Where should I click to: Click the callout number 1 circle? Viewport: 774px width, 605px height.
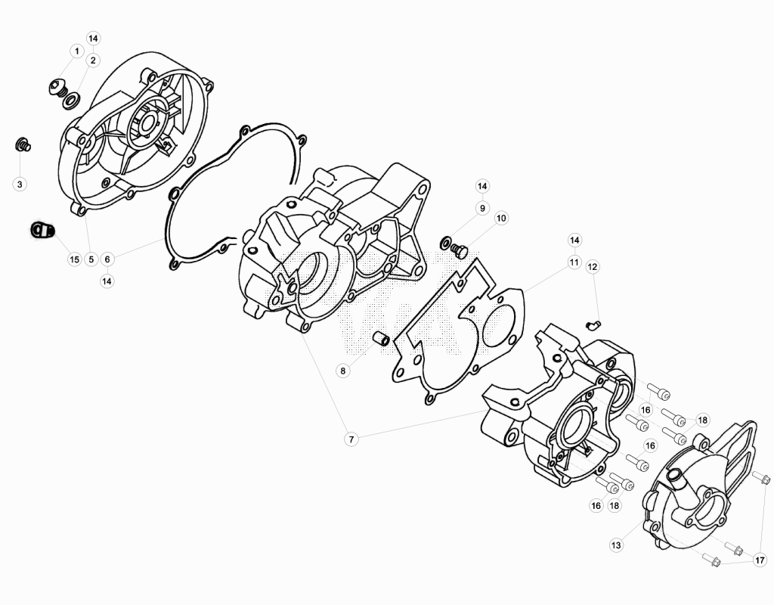pos(76,51)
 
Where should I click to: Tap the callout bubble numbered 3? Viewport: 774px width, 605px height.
pos(20,185)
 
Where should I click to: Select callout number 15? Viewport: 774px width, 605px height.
pos(74,259)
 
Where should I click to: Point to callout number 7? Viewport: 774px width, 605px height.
pos(351,439)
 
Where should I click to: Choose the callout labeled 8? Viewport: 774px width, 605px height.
pos(343,371)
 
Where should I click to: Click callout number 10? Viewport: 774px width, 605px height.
pos(501,218)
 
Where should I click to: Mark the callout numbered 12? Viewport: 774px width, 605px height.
pos(593,267)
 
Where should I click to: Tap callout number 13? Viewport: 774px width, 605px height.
pos(616,545)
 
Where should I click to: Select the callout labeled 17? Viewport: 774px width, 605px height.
pos(760,560)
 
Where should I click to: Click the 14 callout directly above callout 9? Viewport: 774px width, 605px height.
pos(482,186)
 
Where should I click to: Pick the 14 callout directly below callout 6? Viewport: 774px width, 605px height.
pos(107,281)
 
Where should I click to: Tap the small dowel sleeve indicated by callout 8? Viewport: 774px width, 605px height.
pos(381,339)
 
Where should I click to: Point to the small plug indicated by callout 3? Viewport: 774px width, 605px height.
pos(23,144)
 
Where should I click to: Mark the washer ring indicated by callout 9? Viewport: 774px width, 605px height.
pos(445,243)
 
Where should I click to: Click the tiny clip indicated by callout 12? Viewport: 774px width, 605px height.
pos(593,324)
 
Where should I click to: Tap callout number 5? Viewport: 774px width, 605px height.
pos(91,259)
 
